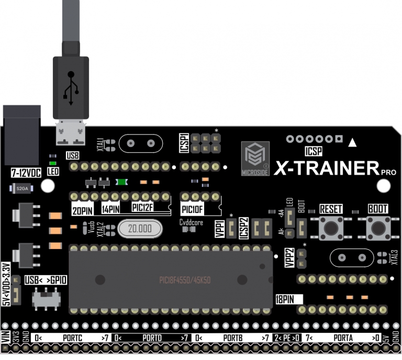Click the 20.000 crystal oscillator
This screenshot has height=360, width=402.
point(140,229)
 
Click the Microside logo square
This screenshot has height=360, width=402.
point(255,157)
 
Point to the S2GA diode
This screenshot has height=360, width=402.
point(22,188)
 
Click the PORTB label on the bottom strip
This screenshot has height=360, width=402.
point(232,337)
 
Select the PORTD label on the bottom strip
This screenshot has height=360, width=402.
point(152,337)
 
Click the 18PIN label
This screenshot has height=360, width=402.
point(285,299)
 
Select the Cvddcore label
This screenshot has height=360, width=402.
point(191,222)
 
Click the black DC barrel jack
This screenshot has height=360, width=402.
point(22,135)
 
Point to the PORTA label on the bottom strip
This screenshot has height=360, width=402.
point(343,337)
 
